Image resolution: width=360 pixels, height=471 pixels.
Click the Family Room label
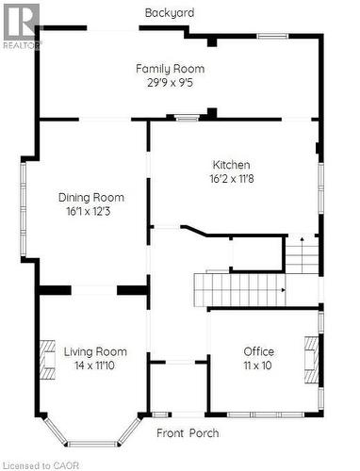[x=170, y=69]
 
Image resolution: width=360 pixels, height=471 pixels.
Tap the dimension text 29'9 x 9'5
[x=170, y=82]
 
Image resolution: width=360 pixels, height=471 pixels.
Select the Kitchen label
[x=231, y=164]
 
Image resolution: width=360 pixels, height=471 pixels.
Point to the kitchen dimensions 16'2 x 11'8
[x=231, y=177]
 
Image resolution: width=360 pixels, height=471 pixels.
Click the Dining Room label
[x=91, y=198]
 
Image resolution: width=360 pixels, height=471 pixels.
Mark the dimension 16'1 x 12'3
[x=91, y=211]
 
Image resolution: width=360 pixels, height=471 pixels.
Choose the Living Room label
[x=95, y=351]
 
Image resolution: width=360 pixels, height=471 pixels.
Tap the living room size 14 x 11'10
[x=95, y=365]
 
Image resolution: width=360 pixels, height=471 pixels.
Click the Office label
[x=258, y=351]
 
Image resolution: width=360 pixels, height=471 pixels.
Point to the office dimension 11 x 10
[x=258, y=365]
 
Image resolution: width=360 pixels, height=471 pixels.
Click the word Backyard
[x=170, y=13]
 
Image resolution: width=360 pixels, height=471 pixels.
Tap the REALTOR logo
[x=21, y=25]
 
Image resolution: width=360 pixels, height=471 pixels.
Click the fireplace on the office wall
[x=310, y=357]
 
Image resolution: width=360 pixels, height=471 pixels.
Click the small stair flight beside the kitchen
[x=302, y=255]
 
